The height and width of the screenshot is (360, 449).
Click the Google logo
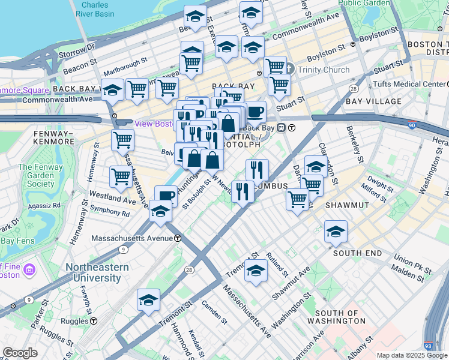(20, 353)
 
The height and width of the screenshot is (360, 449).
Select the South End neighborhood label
(358, 253)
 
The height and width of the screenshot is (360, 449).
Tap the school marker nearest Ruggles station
(148, 301)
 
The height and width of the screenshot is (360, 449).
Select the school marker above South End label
(336, 231)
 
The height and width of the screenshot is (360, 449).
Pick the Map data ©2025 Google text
(412, 355)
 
